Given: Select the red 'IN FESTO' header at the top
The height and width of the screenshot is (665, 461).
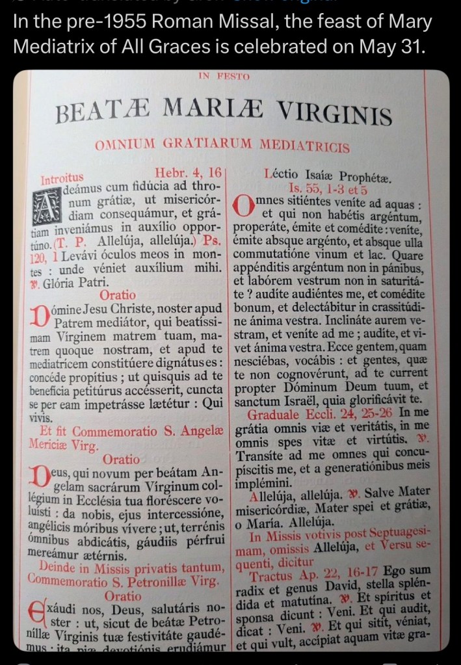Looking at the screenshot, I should click(x=224, y=77).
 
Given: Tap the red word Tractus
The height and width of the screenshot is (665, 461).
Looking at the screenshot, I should click(x=272, y=576).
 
